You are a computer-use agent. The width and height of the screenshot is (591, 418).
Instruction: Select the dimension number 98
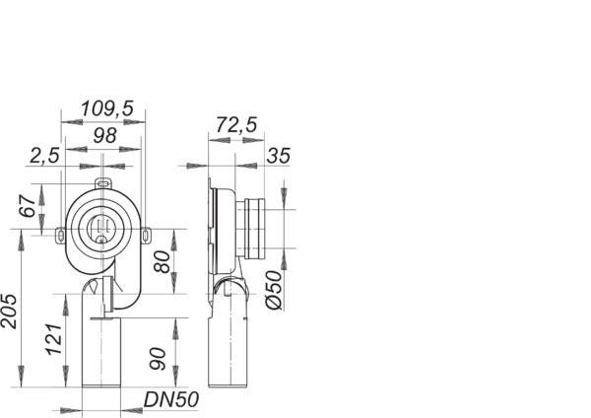(105, 135)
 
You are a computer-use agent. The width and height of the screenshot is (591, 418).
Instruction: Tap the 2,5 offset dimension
(44, 156)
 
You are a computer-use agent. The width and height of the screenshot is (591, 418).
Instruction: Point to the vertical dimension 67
(29, 207)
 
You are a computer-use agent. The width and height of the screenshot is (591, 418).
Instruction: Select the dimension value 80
(161, 263)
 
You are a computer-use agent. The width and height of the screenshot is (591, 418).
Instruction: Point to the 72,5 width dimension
(237, 125)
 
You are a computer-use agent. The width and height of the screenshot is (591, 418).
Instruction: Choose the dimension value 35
(278, 156)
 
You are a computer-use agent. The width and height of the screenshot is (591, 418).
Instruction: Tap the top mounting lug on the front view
(103, 183)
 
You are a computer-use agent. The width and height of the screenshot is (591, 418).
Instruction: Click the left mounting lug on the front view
(60, 234)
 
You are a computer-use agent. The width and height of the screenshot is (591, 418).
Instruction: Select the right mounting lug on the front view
(146, 234)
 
